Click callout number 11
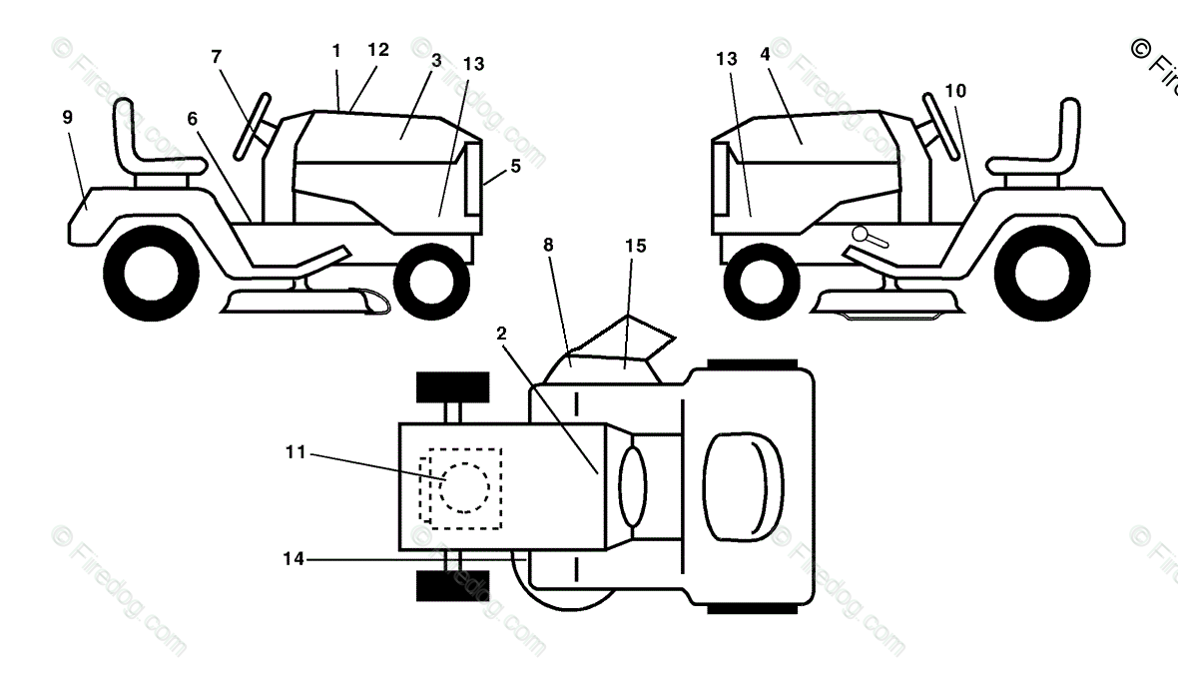tap(294, 453)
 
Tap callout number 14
tap(293, 560)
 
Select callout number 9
tap(68, 118)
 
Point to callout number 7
tap(217, 56)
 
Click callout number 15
tap(635, 246)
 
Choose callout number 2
tap(501, 334)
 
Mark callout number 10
tap(954, 91)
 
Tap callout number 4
tap(765, 54)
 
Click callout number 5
tap(515, 167)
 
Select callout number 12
tap(377, 49)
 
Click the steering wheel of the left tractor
tap(255, 125)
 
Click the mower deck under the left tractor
tap(299, 299)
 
